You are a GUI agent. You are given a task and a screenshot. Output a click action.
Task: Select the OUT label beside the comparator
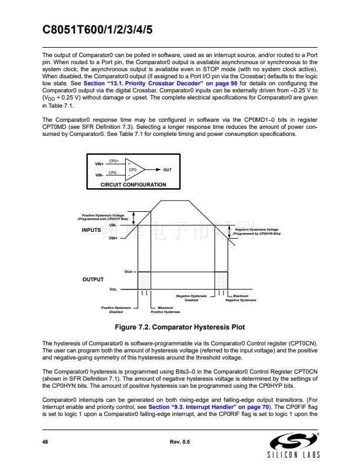coord(168,169)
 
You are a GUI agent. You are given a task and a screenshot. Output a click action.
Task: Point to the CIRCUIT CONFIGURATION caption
coord(134,185)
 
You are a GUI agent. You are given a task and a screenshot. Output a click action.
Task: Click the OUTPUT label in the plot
coord(92,279)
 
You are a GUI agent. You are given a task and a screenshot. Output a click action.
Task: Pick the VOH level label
coord(129,272)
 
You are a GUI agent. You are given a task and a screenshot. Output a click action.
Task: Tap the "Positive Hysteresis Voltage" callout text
coord(103,217)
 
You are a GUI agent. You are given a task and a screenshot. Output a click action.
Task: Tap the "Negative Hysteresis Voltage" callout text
coord(256,231)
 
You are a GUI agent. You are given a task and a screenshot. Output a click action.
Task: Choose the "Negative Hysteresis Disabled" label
coord(192,298)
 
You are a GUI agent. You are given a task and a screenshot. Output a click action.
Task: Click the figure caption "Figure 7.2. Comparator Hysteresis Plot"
coord(180,327)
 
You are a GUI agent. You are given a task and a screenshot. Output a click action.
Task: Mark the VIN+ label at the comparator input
coord(99,164)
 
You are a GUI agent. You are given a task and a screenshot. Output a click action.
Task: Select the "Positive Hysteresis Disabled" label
coord(115,309)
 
